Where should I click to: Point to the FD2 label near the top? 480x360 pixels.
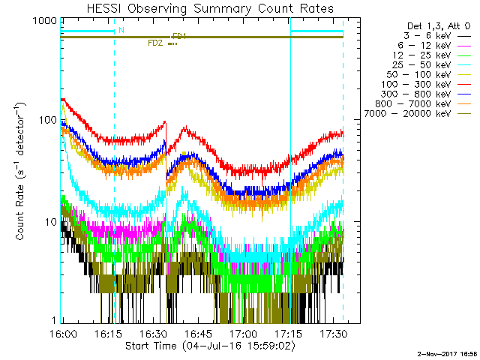click(x=155, y=43)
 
